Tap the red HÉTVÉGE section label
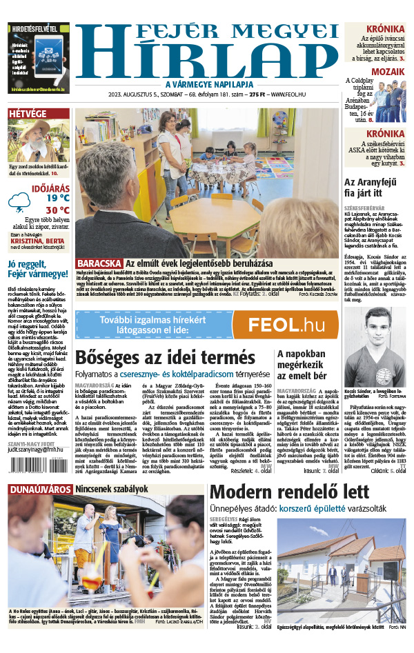coord(28,114)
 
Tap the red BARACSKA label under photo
coord(99,263)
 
